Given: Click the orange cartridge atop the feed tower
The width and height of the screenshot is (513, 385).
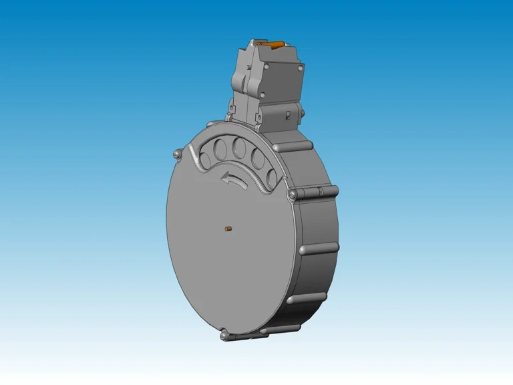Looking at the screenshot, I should (273, 45).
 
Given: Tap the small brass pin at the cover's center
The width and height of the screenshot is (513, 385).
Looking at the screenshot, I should (228, 230).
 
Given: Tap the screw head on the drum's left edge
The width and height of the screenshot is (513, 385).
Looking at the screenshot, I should (176, 154).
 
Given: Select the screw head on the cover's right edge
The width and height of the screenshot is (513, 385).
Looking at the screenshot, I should (291, 195).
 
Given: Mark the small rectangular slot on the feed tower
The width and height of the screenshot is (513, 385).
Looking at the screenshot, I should (287, 116).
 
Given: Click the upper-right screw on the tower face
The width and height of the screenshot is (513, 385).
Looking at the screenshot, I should (301, 68).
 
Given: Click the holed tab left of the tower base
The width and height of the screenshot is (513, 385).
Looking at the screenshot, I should (231, 107).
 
